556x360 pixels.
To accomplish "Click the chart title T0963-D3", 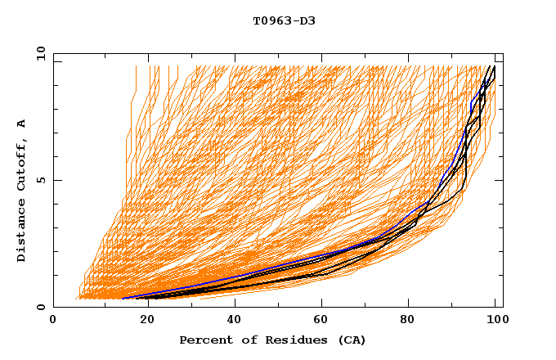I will point(284,20).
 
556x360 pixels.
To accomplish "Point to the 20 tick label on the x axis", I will point(142,320).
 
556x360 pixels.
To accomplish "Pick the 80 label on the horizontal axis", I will point(408,320).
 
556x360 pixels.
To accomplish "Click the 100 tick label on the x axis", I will point(496,320).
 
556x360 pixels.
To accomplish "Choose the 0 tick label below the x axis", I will point(54,320).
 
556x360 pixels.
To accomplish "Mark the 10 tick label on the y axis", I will point(39,53).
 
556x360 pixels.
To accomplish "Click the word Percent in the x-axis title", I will point(205,340).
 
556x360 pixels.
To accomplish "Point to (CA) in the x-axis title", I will point(350,340).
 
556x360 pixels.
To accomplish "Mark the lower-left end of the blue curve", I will point(122,299).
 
